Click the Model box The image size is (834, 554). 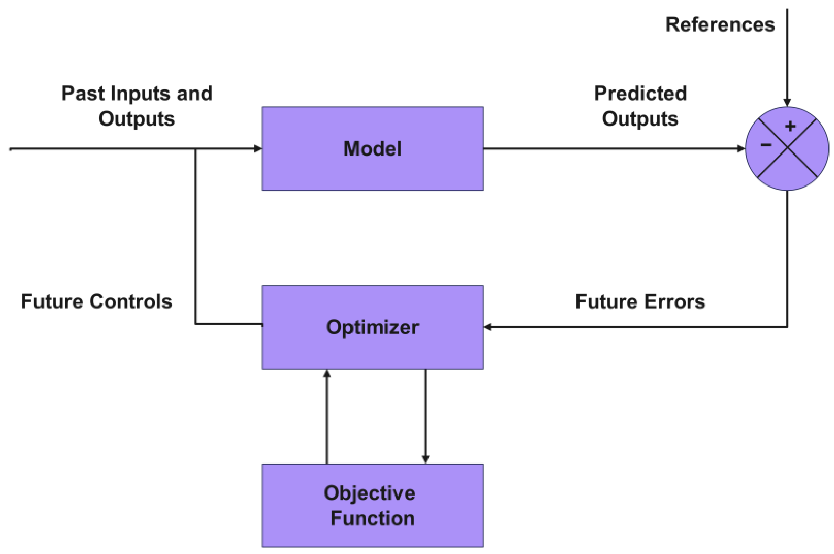(x=372, y=148)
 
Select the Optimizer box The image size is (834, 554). (x=372, y=327)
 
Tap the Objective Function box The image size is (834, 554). (x=372, y=505)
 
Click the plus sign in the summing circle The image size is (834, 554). (x=790, y=126)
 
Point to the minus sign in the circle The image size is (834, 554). (x=766, y=145)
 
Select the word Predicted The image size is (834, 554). (x=640, y=93)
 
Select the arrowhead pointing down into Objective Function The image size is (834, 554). (x=425, y=459)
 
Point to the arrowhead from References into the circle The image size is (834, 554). (x=787, y=103)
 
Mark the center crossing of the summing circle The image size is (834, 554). (x=787, y=149)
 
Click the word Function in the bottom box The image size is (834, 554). (x=372, y=518)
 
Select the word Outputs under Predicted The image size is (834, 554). (x=640, y=119)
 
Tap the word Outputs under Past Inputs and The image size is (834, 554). (x=136, y=119)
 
